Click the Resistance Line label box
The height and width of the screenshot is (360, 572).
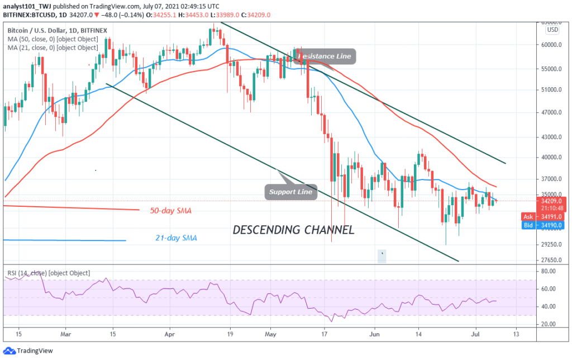point(326,56)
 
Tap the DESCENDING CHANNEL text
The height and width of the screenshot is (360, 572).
point(293,230)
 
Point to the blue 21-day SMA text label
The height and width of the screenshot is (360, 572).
point(176,238)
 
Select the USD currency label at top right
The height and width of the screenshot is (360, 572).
point(552,30)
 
